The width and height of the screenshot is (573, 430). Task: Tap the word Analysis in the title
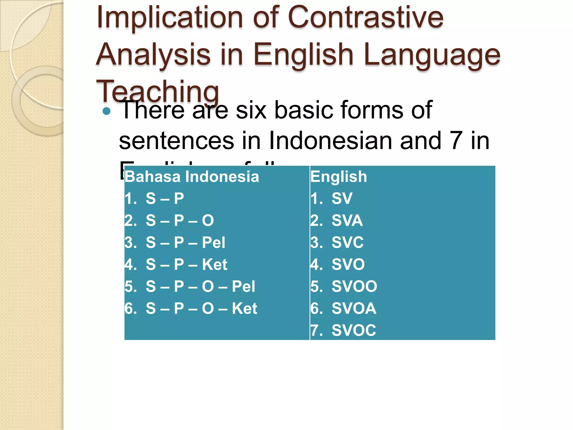tap(153, 55)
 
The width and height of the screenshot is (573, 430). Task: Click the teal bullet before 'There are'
tap(107, 111)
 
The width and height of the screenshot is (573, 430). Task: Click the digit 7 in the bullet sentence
tap(456, 141)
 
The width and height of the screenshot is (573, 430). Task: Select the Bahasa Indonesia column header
tap(192, 177)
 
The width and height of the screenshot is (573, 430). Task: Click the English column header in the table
tap(339, 177)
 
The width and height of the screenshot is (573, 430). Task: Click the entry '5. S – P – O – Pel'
tap(190, 286)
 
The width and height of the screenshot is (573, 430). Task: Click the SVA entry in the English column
tap(337, 221)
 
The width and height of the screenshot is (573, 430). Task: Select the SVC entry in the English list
tap(337, 242)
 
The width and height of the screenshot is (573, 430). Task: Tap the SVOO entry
tap(344, 286)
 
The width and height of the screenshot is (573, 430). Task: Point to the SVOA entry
tap(343, 309)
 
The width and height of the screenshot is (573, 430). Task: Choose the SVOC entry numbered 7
tap(343, 330)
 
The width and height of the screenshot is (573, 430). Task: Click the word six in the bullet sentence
tap(251, 110)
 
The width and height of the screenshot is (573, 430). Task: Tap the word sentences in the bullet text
tap(176, 141)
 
